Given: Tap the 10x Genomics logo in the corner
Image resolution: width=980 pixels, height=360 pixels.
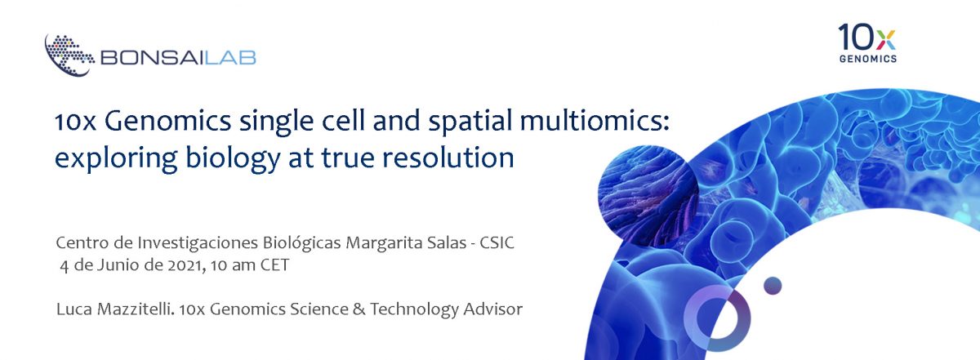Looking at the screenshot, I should point(866,42).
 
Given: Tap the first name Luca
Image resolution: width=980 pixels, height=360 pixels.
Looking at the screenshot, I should point(72,309).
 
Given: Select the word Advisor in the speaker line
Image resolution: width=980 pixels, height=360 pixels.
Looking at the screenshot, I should point(493,309).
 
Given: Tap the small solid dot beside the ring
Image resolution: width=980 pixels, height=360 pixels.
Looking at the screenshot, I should point(772,285).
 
